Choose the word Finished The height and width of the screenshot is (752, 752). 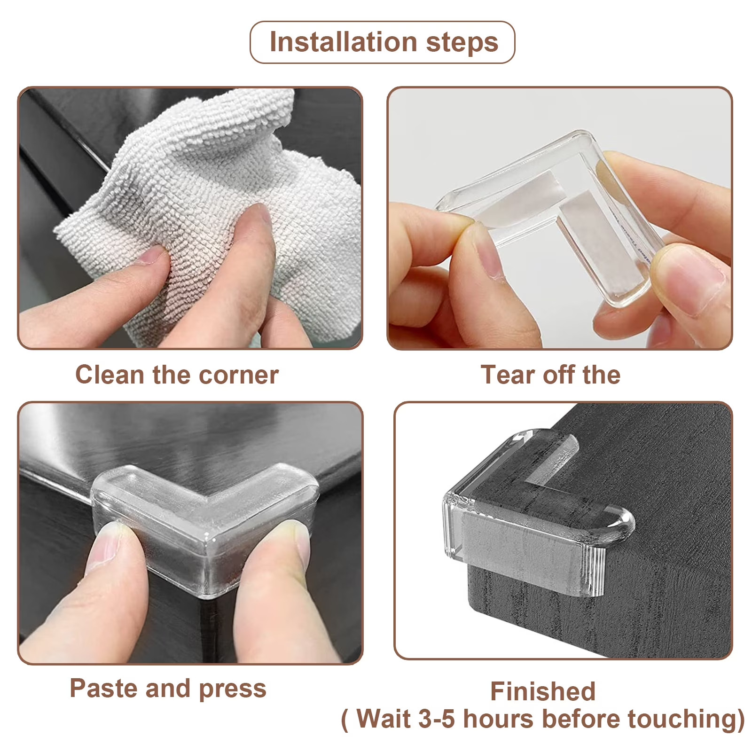[x=543, y=691]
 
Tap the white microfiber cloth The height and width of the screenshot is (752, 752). [x=211, y=211]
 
